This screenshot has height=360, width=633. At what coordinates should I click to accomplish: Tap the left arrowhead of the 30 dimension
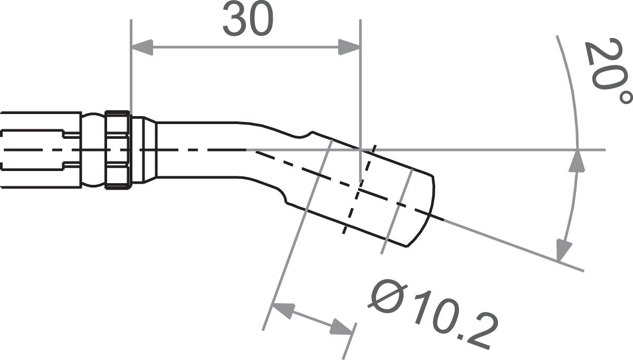(142, 47)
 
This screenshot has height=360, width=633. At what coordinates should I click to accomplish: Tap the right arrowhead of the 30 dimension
(349, 47)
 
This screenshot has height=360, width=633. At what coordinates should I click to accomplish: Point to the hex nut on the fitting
(118, 149)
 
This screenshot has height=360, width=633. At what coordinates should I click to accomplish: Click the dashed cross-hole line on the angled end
(359, 190)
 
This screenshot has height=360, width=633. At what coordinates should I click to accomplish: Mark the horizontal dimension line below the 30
(245, 47)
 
